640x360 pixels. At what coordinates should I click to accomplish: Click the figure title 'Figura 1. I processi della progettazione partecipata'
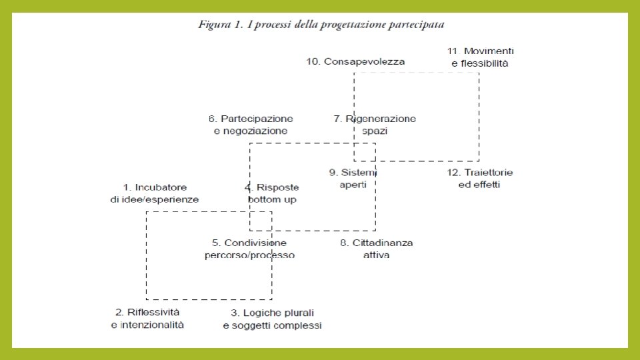[321, 25]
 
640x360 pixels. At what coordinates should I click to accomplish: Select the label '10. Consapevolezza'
[355, 61]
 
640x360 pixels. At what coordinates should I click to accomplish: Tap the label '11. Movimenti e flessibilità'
[479, 57]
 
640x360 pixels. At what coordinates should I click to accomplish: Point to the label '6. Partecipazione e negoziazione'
[251, 125]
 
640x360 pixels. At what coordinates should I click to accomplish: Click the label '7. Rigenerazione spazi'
[375, 125]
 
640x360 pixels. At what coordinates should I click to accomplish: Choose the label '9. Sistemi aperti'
[354, 179]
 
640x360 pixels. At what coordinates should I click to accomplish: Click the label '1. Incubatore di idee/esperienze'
[155, 193]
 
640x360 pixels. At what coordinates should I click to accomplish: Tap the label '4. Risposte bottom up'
[272, 193]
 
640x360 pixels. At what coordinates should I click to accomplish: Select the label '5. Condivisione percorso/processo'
[249, 249]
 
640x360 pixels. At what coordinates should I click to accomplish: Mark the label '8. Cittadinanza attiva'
[377, 249]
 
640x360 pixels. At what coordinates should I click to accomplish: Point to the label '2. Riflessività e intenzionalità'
[147, 318]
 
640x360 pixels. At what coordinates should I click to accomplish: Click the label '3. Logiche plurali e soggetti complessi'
[272, 319]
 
